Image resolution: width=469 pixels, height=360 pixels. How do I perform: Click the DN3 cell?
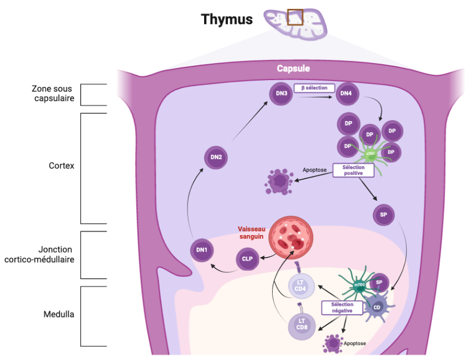(281, 93)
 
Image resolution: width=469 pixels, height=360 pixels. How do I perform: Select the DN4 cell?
(346, 93)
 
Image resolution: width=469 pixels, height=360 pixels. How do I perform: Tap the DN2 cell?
(216, 158)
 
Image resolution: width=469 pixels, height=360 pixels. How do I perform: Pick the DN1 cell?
(202, 251)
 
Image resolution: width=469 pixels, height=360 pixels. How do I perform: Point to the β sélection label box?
(314, 88)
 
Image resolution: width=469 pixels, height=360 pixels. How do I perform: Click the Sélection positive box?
(353, 170)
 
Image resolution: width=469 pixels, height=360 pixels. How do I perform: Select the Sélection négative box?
(342, 307)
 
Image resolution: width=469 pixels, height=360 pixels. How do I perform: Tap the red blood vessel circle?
(288, 235)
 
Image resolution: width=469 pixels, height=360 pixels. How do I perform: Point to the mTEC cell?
(358, 285)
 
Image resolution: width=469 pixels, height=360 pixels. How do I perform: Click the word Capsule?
(293, 69)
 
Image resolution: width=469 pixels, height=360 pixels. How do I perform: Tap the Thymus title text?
(227, 19)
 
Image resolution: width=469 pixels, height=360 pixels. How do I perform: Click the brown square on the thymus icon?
(295, 17)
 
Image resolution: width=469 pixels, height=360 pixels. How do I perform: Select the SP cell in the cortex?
(383, 215)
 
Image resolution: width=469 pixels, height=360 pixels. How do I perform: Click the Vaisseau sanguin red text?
(252, 233)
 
